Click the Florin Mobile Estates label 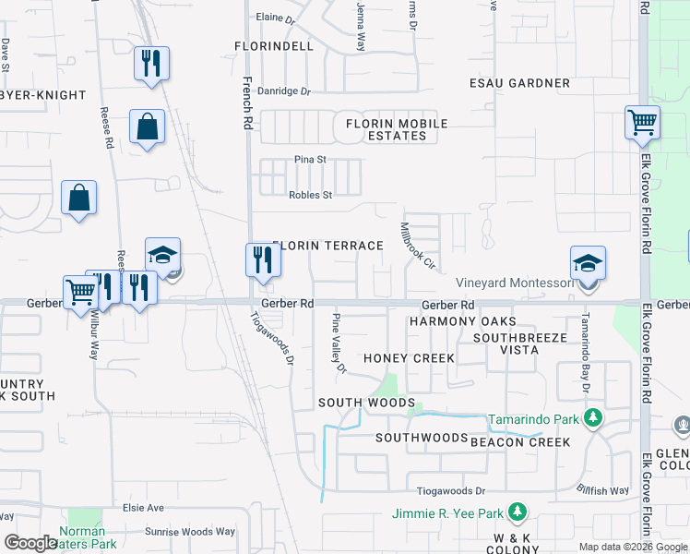click(396, 129)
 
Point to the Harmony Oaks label click(461, 321)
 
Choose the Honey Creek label click(409, 358)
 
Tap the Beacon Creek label click(520, 443)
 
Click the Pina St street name click(311, 160)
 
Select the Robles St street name click(310, 195)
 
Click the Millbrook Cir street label click(417, 245)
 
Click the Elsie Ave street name click(143, 508)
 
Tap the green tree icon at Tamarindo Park click(592, 419)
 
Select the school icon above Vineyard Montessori click(588, 263)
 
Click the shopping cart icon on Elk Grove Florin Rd click(641, 121)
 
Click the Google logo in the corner click(31, 543)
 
